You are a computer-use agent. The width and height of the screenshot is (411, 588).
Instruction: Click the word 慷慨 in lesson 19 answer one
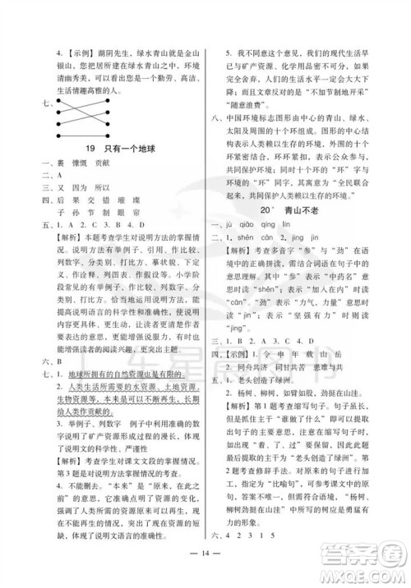pos(79,162)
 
